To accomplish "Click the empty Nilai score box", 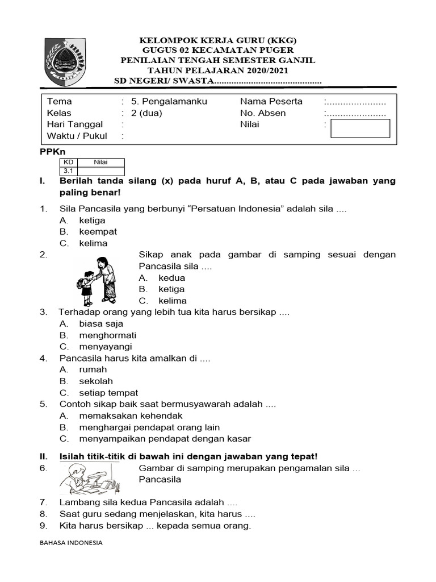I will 360,128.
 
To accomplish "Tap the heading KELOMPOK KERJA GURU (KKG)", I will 218,40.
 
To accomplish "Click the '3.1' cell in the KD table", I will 68,171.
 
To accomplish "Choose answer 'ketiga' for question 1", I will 92,221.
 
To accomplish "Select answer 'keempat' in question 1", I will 98,232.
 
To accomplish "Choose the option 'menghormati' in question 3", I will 107,335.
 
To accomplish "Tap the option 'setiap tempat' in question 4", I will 108,393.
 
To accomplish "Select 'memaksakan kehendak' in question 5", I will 131,415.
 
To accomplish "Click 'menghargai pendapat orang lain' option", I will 149,427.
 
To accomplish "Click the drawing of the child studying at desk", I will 88,479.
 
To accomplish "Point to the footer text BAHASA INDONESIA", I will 71,543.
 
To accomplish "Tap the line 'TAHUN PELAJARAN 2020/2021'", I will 218,70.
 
